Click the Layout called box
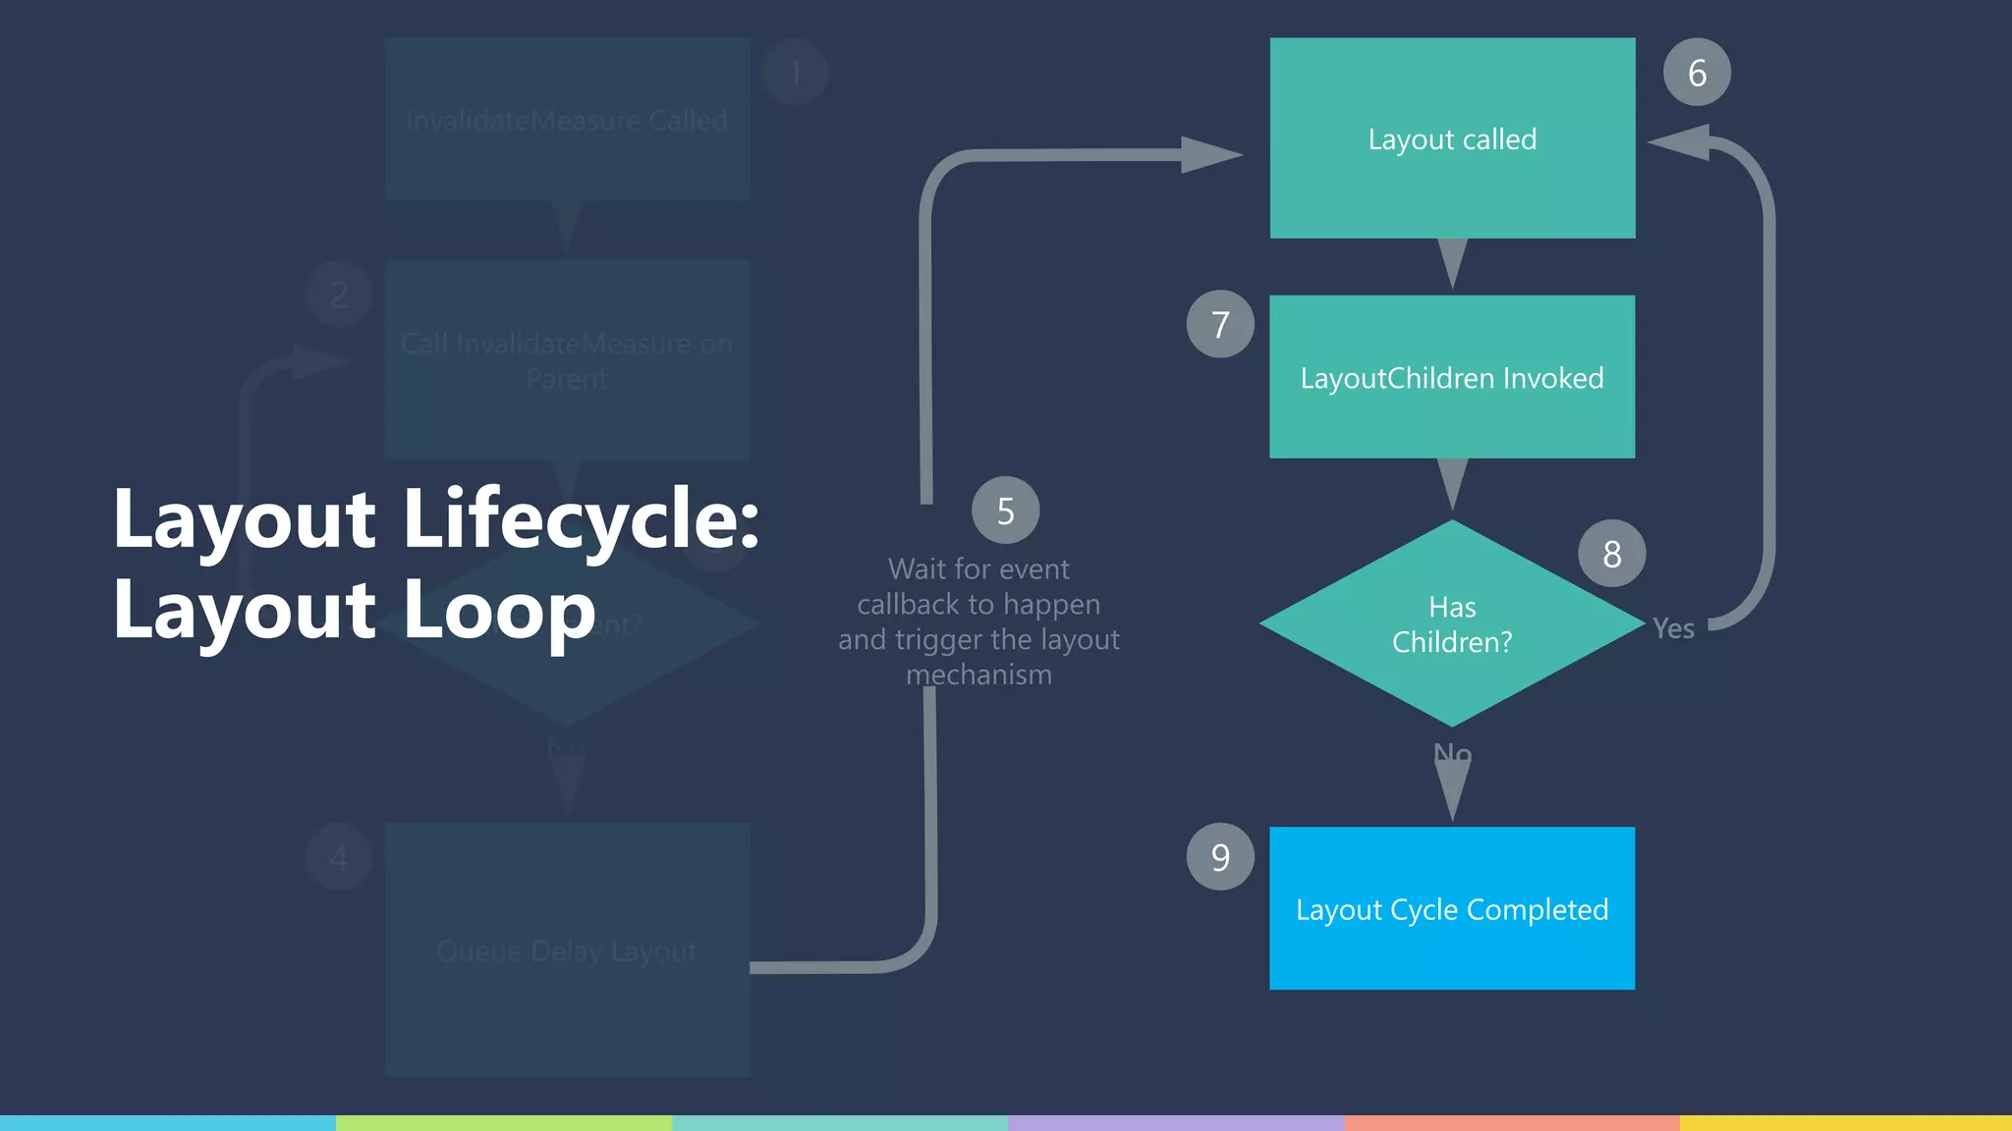[1452, 138]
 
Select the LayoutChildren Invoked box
[1452, 377]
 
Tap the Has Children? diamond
[1452, 624]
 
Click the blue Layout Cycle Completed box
[1452, 908]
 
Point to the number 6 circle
[1697, 73]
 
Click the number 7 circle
[1220, 324]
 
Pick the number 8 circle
[1611, 554]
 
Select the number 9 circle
[1220, 857]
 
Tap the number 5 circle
[1005, 511]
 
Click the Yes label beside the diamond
[1673, 628]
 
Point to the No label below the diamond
[1452, 753]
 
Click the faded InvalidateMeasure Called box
[567, 120]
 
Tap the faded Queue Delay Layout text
[567, 950]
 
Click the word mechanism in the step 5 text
[978, 675]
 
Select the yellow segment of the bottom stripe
[1845, 1122]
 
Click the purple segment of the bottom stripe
[1175, 1122]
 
